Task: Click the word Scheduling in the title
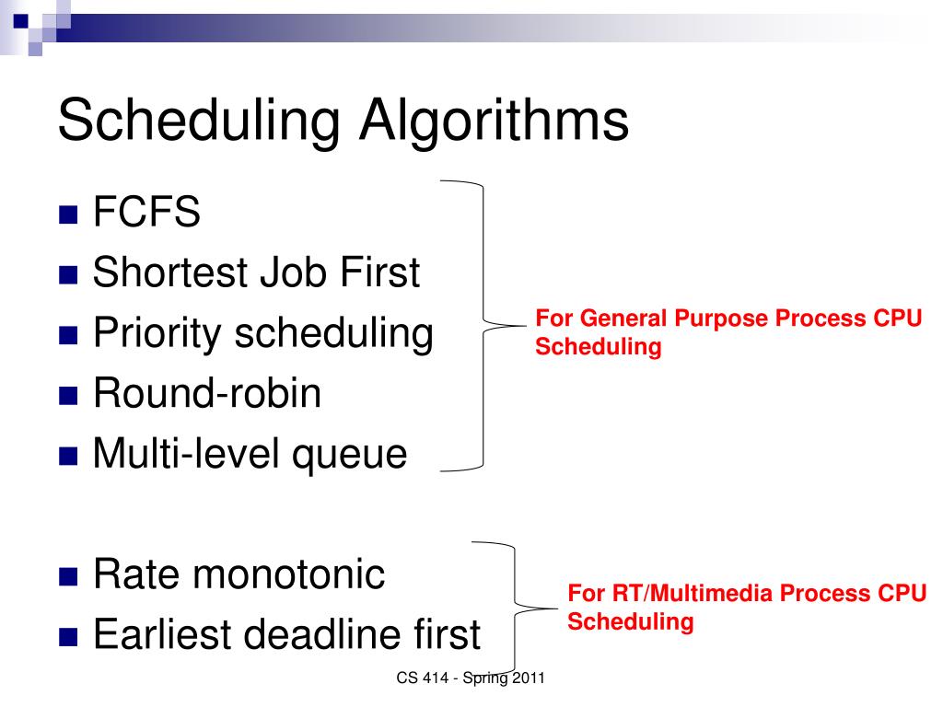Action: (199, 122)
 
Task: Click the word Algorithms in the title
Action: (494, 121)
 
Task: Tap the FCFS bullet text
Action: (146, 212)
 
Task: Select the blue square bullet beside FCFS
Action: (68, 214)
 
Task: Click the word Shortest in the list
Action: (170, 272)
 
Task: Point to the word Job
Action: (294, 272)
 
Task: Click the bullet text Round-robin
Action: (207, 393)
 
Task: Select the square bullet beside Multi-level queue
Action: (68, 457)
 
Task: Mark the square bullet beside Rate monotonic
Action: (68, 577)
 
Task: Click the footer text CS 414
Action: (422, 678)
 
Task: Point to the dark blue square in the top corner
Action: (20, 21)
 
